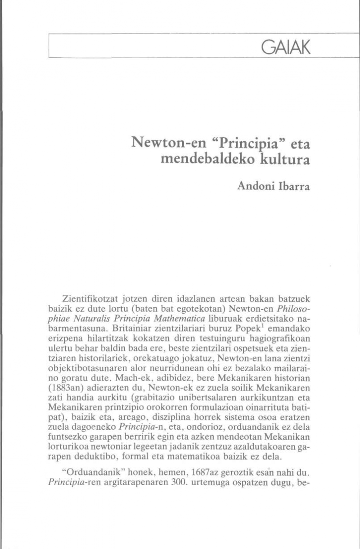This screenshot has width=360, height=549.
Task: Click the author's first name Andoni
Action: (256, 186)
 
